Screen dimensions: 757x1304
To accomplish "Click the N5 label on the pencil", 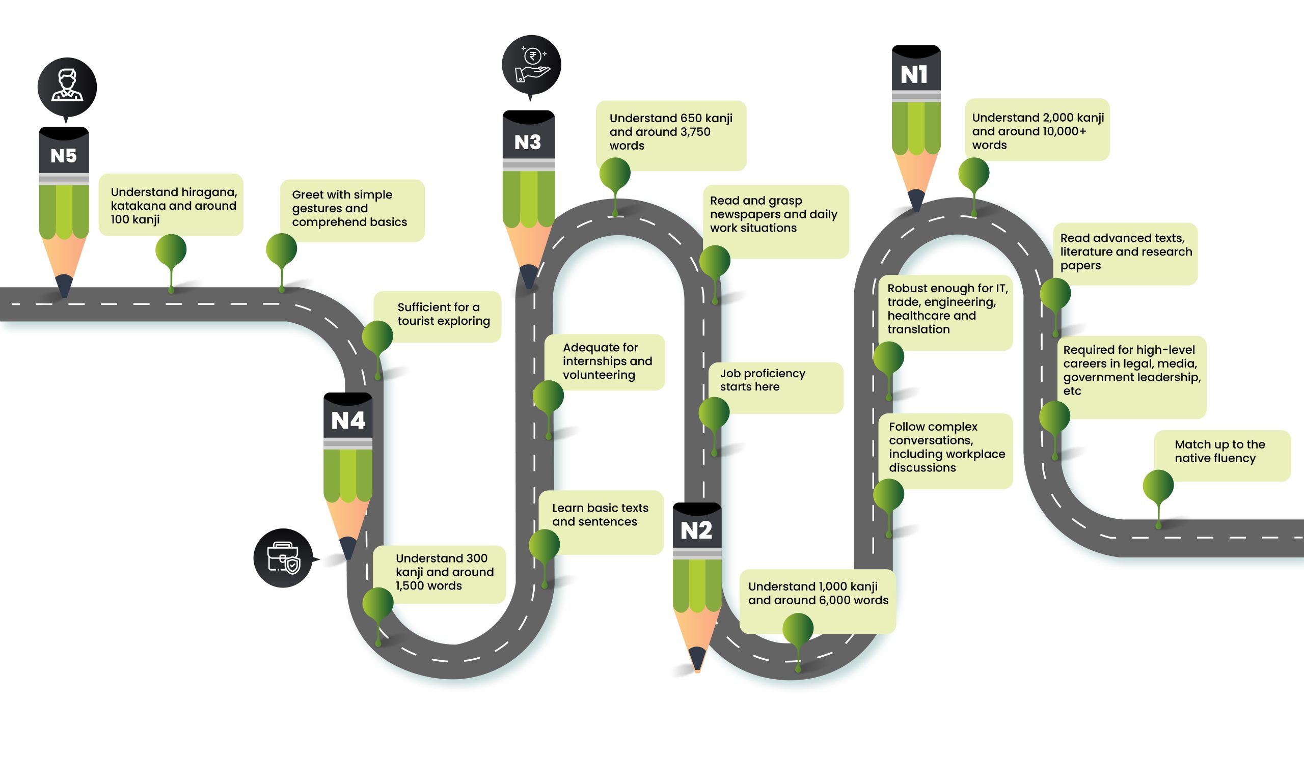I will click(64, 156).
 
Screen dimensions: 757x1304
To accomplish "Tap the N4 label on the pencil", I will click(348, 421).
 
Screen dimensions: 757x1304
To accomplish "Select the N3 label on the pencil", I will click(528, 142).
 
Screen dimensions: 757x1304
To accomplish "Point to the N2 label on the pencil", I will click(696, 531).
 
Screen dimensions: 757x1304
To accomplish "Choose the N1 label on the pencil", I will click(914, 75).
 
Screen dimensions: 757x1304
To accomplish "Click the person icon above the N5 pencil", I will click(67, 87).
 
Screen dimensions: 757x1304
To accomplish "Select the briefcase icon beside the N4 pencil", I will click(283, 558).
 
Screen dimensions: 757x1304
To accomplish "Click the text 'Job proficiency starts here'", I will click(762, 380).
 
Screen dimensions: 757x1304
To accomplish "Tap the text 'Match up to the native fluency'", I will click(1219, 452).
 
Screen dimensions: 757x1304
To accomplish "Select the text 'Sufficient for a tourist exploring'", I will click(444, 314).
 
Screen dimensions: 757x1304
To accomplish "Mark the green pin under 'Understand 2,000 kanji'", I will click(973, 174).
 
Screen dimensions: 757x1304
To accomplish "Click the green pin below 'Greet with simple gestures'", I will click(282, 249).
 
